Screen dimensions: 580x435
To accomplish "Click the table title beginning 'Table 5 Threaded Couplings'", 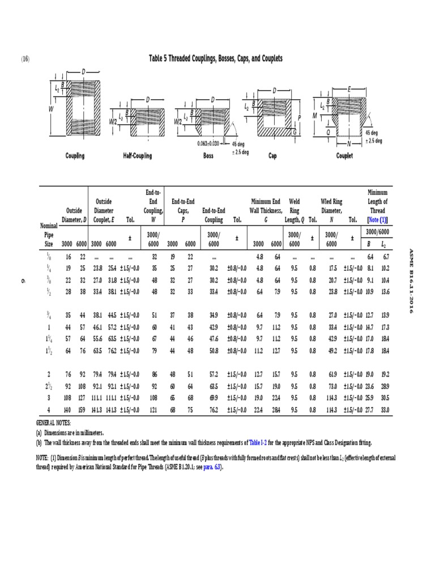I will pos(215,58).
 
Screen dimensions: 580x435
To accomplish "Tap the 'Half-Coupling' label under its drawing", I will pos(137,156).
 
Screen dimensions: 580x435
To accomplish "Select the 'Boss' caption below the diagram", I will pos(208,156).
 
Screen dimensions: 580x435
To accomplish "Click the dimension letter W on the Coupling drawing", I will pos(51,108).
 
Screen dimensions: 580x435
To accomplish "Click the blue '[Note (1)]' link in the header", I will pos(377,219).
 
